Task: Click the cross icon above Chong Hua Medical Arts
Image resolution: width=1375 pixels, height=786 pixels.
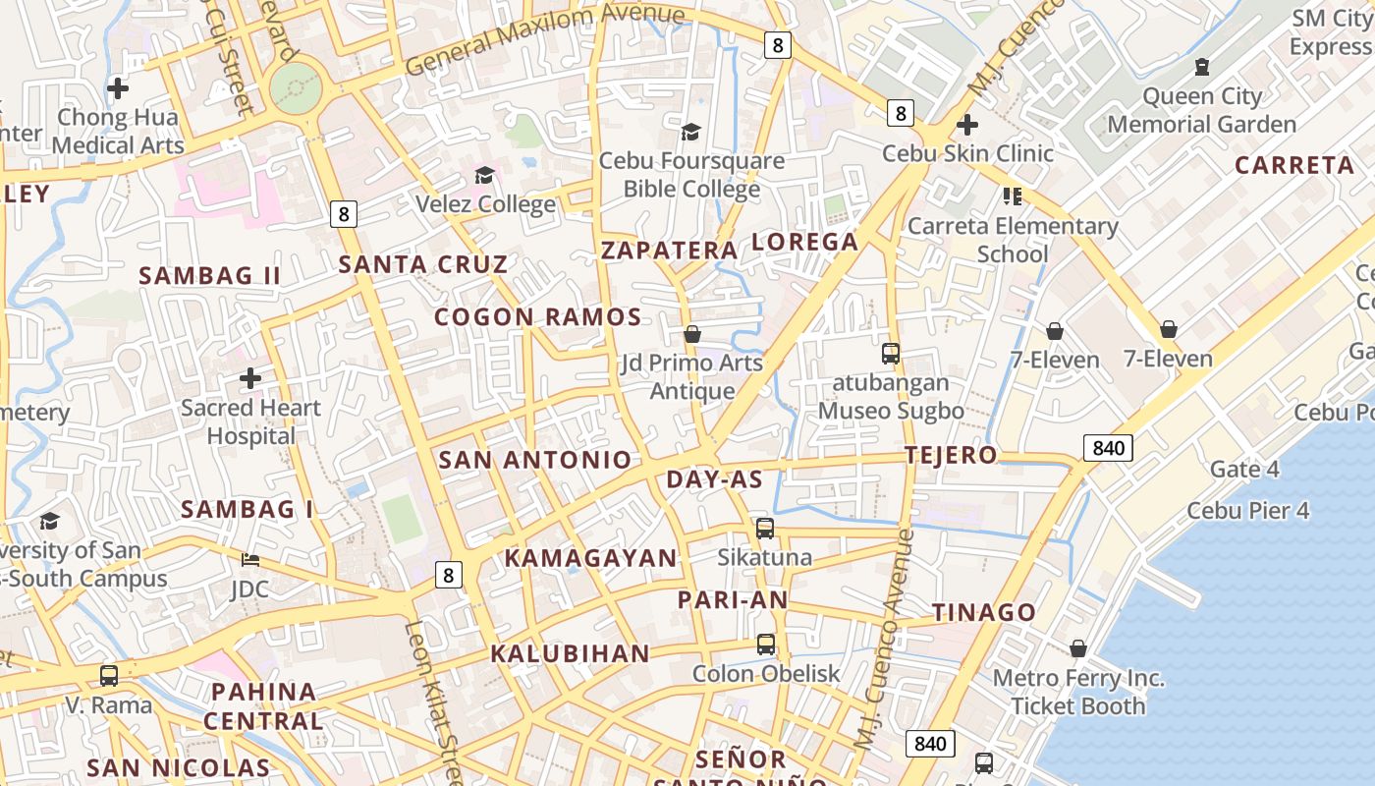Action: click(x=118, y=88)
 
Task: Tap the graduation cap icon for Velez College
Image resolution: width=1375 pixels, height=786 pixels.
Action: click(x=484, y=176)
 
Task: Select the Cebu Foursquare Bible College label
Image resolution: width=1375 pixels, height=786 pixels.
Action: click(x=691, y=175)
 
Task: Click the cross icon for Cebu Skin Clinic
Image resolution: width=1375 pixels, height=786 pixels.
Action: click(x=967, y=125)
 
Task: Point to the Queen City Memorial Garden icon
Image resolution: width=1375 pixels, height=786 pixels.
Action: click(x=1201, y=68)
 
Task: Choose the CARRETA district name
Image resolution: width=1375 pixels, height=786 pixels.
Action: click(x=1293, y=165)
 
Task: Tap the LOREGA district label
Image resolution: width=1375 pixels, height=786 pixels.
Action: click(x=804, y=242)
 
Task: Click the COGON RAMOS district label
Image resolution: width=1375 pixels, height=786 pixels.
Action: click(x=537, y=317)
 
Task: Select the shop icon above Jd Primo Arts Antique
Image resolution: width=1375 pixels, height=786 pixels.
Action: click(x=692, y=334)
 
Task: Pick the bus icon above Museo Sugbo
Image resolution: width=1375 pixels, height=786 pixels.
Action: click(x=891, y=354)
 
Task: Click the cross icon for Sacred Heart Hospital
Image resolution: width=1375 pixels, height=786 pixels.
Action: click(x=250, y=378)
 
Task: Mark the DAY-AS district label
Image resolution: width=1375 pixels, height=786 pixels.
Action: click(x=714, y=479)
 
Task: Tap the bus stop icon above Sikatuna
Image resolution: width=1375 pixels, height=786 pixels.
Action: click(x=765, y=529)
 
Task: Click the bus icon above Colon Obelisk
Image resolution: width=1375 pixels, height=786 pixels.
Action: click(x=766, y=645)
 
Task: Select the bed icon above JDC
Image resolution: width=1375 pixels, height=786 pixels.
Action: click(x=250, y=560)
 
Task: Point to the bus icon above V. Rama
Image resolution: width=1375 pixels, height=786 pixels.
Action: click(x=109, y=676)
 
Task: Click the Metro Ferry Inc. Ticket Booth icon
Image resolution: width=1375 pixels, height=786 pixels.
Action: click(x=1077, y=648)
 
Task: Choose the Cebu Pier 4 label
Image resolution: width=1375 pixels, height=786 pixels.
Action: click(x=1247, y=511)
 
